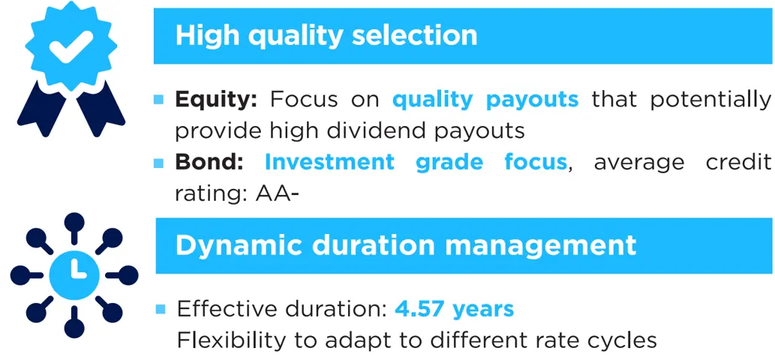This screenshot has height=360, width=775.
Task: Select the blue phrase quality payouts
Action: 485,100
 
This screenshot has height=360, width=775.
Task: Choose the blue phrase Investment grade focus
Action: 416,162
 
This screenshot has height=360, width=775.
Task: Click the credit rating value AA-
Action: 278,193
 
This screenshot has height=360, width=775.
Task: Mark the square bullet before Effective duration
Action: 159,308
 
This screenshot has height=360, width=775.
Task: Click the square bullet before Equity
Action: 159,99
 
